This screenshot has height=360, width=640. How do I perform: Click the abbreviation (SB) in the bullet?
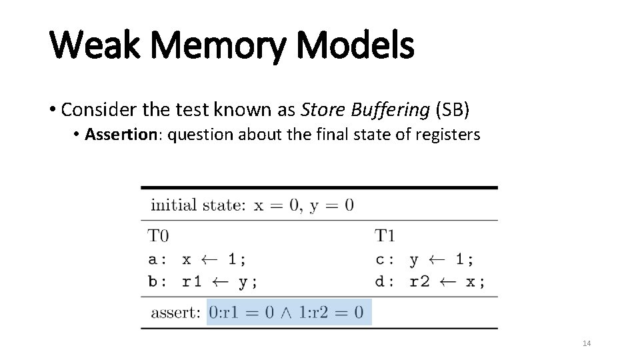(x=459, y=108)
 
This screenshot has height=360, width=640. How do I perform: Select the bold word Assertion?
(x=127, y=135)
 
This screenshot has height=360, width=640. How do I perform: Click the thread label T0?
(x=159, y=235)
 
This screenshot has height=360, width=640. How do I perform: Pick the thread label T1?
(x=385, y=235)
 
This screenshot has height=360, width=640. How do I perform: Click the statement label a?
(x=157, y=258)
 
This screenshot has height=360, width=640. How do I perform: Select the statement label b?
(x=157, y=281)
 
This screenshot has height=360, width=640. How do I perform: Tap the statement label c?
(x=384, y=258)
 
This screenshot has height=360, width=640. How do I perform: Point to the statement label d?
(x=384, y=281)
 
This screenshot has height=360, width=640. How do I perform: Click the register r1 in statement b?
(x=192, y=281)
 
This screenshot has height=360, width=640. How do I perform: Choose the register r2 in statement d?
(x=419, y=281)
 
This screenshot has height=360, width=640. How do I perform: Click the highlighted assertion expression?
(x=288, y=311)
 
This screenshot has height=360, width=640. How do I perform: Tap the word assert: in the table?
(x=175, y=312)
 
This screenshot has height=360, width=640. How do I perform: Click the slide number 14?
(x=587, y=343)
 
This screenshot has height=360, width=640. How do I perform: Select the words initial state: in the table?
(x=197, y=205)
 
